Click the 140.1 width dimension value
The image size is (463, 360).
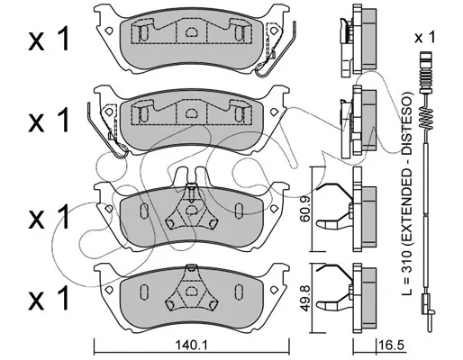pyautogui.click(x=192, y=346)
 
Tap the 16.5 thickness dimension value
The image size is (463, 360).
pyautogui.click(x=392, y=346)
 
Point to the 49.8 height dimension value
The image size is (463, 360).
pyautogui.click(x=305, y=298)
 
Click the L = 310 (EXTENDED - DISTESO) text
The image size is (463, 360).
pyautogui.click(x=407, y=193)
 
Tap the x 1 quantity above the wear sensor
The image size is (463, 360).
pyautogui.click(x=424, y=38)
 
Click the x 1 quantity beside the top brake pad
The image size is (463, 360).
pyautogui.click(x=49, y=38)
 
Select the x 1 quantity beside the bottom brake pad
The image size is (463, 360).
pyautogui.click(x=49, y=298)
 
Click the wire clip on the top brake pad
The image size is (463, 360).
pyautogui.click(x=277, y=51)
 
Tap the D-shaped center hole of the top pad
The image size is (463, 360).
pyautogui.click(x=191, y=32)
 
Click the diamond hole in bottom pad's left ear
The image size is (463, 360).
pyautogui.click(x=108, y=290)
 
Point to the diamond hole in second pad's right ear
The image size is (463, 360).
pyautogui.click(x=274, y=112)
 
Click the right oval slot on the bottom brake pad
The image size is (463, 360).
pyautogui.click(x=239, y=292)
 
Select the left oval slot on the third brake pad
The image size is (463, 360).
pyautogui.click(x=144, y=211)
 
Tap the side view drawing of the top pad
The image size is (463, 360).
pyautogui.click(x=358, y=40)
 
